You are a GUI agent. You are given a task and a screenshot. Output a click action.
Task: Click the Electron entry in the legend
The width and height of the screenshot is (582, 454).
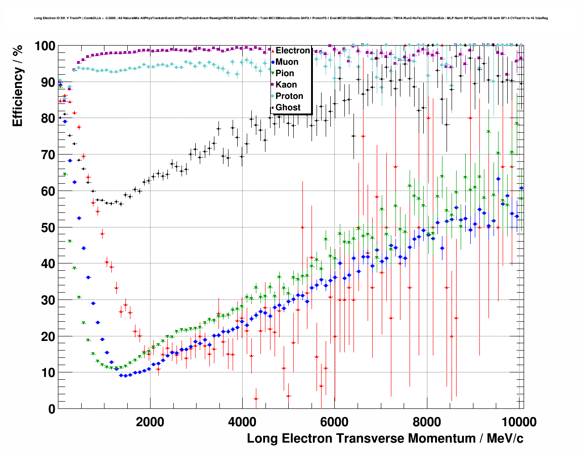[x=292, y=51]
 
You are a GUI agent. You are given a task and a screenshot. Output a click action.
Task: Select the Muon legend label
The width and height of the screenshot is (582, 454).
[x=287, y=62]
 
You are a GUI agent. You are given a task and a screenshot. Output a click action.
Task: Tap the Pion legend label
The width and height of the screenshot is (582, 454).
[x=285, y=73]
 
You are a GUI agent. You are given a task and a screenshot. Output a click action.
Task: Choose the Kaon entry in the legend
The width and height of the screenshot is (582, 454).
[x=286, y=85]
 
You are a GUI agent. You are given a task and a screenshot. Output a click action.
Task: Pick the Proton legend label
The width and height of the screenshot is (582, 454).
[x=289, y=96]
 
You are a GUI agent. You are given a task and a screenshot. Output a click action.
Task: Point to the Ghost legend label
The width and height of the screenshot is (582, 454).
[x=288, y=108]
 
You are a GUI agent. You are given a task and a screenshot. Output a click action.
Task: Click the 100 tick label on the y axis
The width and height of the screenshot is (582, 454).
[x=45, y=46]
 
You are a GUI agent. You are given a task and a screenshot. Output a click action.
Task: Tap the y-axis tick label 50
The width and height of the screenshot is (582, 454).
[x=48, y=227]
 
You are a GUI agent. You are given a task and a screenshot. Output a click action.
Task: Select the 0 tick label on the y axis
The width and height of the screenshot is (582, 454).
[x=52, y=409]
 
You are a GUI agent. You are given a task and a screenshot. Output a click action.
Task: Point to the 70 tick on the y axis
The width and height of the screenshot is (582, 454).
[x=48, y=155]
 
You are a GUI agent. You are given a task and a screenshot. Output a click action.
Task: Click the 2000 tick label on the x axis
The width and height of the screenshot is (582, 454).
[x=150, y=422]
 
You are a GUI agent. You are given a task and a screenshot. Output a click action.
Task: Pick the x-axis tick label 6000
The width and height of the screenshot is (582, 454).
[x=334, y=422]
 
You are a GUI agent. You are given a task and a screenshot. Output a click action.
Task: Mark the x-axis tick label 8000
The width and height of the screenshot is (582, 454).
[x=426, y=422]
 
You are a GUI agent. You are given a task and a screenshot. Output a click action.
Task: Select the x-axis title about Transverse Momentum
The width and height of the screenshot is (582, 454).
[x=385, y=439]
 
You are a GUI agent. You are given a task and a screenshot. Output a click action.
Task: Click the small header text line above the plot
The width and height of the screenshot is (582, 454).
[x=291, y=18]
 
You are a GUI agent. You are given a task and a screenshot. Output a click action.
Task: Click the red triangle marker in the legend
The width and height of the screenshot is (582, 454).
[x=273, y=51]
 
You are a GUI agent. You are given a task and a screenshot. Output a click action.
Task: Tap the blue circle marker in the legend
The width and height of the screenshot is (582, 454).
[x=273, y=62]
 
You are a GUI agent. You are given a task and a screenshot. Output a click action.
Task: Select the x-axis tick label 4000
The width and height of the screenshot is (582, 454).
[x=242, y=422]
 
